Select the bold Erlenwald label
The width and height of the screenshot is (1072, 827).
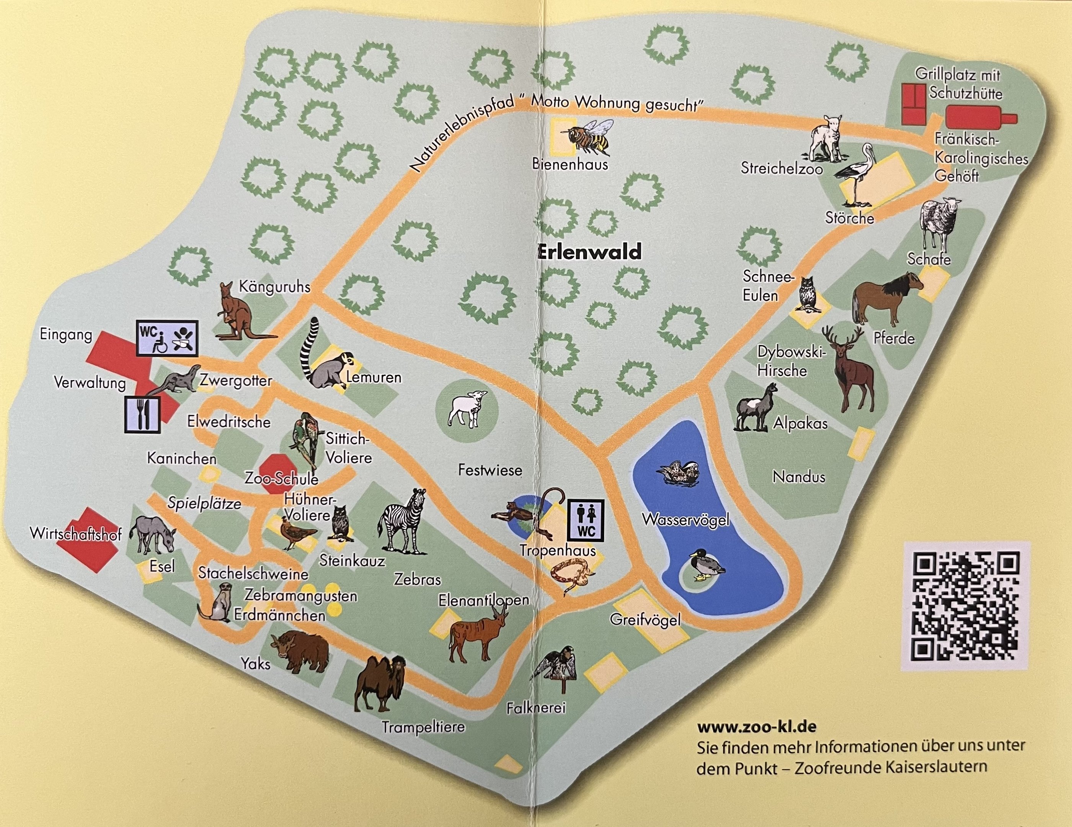point(589,252)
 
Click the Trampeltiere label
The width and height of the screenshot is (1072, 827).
point(423,726)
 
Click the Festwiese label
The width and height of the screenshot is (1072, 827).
point(490,470)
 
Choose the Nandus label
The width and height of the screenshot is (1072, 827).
point(799,476)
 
